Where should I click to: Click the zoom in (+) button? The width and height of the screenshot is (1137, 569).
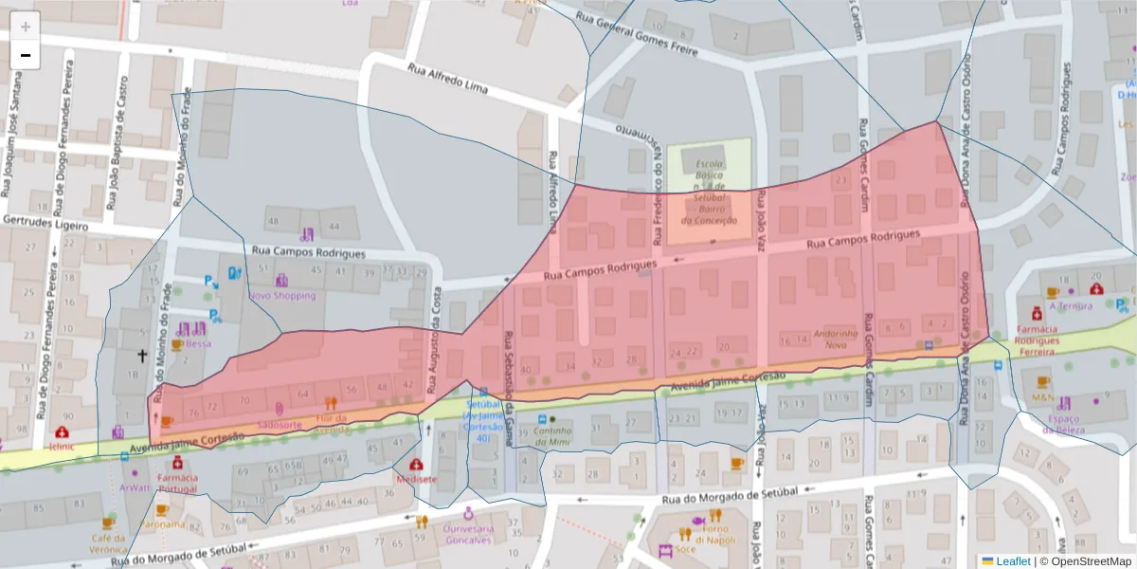click(x=26, y=26)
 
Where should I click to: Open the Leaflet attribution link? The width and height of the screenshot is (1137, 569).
click(x=1013, y=560)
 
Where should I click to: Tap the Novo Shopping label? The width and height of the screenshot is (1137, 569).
click(x=281, y=295)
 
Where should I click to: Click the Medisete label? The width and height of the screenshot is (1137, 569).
click(x=416, y=479)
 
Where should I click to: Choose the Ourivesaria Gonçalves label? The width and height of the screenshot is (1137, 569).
click(x=468, y=533)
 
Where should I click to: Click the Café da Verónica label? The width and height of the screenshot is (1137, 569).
click(x=108, y=542)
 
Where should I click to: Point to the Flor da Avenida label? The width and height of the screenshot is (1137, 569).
click(x=331, y=423)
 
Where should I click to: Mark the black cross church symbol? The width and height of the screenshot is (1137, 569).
click(x=143, y=356)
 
